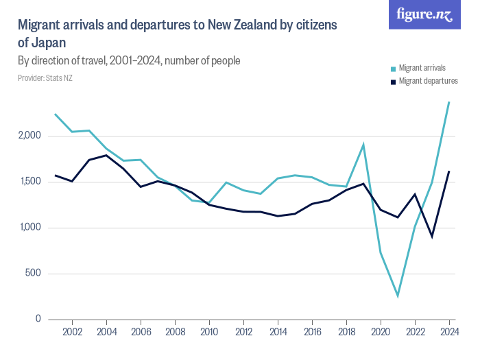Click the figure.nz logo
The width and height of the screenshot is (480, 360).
coord(425,14)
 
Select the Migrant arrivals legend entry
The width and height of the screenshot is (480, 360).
coord(422,68)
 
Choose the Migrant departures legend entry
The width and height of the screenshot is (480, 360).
coord(428,81)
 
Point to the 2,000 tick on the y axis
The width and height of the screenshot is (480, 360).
coord(30,136)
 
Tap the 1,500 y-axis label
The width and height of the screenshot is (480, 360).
coord(30,182)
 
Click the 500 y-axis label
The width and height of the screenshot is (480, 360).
coord(34,274)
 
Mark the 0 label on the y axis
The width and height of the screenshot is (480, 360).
coord(39,320)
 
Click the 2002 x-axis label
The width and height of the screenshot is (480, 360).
coord(72,333)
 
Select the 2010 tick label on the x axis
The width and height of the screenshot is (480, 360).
coord(209,333)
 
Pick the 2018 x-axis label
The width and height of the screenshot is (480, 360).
coord(346,333)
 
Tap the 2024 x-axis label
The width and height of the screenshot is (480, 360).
coord(448,333)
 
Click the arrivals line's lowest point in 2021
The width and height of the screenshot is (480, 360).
coord(398,296)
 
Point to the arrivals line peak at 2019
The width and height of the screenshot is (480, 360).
coord(363,145)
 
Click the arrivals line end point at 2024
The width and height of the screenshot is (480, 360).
coord(448,103)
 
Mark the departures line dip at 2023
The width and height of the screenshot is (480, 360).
coord(432,237)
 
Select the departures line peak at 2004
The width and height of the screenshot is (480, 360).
coord(106,155)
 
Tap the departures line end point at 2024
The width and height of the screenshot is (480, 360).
coord(448,171)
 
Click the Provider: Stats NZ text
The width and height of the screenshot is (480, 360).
coord(45,78)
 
